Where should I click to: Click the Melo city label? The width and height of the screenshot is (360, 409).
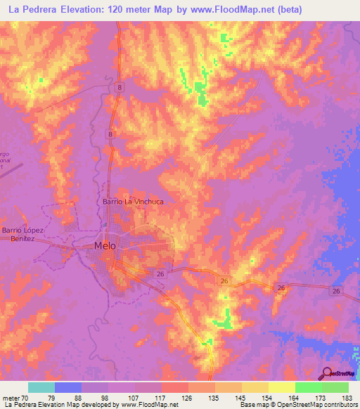coord(105,246)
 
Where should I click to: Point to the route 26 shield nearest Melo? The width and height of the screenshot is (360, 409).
coord(160,274)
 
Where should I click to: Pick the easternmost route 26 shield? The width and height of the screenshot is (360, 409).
coord(336,291)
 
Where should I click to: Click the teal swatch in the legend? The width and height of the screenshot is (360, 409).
coord(41,387)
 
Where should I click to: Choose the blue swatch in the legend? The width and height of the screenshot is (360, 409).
coord(68,387)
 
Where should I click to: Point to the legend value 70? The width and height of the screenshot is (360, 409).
coord(26,398)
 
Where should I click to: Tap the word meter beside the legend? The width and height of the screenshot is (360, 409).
coord(11,398)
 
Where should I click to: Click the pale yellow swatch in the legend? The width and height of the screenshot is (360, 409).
coord(282,387)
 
